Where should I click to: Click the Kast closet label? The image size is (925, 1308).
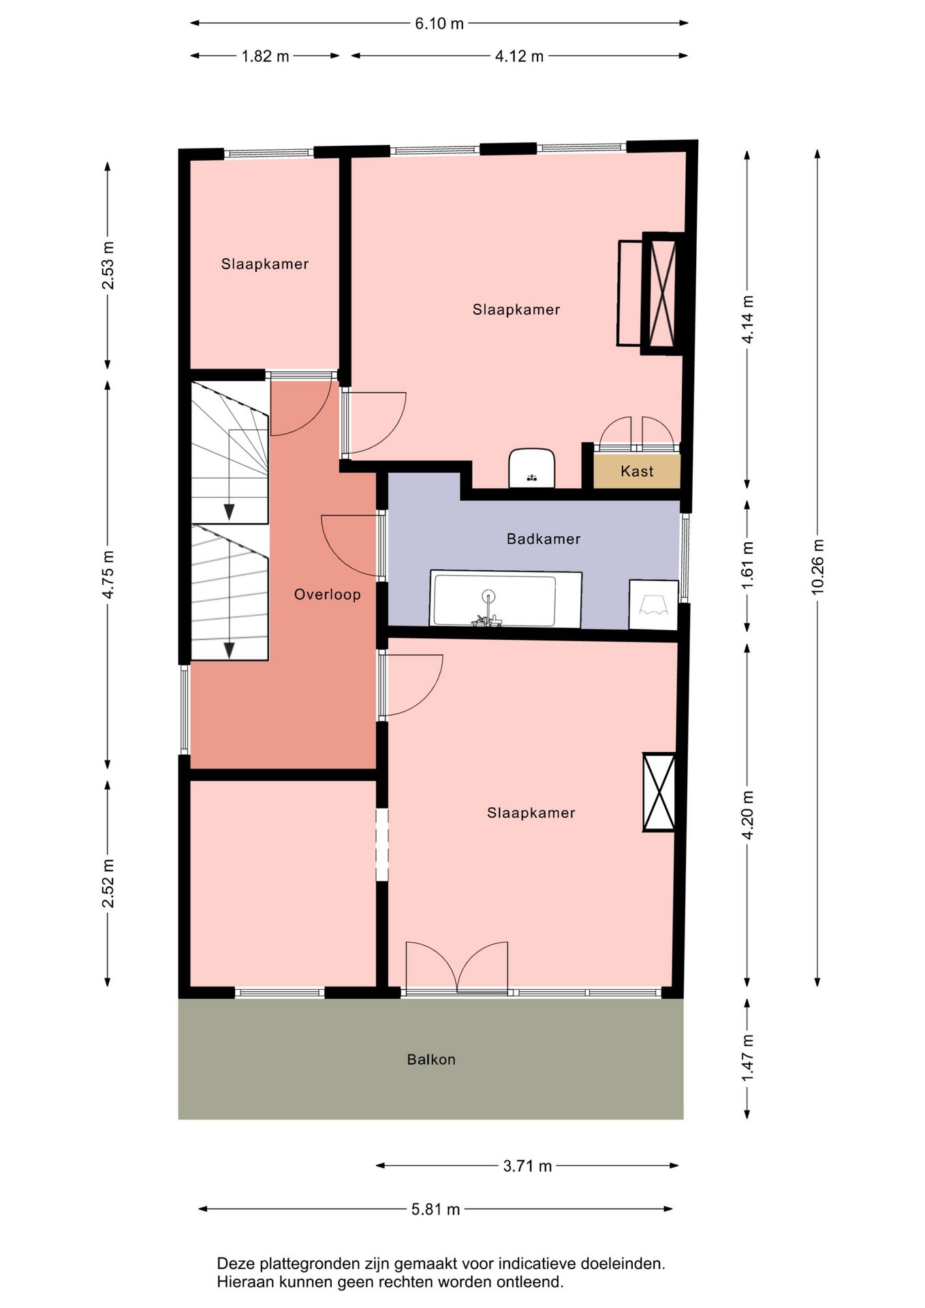[637, 471]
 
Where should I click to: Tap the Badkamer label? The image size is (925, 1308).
[544, 539]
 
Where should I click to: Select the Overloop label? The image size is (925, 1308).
[328, 595]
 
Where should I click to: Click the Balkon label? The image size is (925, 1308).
[431, 1059]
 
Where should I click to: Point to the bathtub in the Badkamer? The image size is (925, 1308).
[505, 599]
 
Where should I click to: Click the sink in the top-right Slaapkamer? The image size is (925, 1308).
[532, 468]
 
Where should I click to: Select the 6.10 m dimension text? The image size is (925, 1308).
[439, 24]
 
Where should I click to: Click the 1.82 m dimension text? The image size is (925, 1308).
[265, 57]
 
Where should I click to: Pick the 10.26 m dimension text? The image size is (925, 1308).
[817, 567]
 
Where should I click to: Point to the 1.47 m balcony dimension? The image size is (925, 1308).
[747, 1057]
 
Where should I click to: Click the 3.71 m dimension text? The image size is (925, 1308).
[527, 1166]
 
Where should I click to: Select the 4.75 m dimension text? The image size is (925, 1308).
[108, 574]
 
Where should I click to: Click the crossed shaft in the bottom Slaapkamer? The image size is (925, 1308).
[659, 792]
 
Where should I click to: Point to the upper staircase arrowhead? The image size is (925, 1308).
[230, 512]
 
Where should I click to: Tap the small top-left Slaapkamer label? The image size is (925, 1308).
[265, 264]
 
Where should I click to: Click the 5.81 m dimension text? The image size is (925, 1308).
[435, 1209]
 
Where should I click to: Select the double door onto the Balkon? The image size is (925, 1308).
[457, 967]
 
